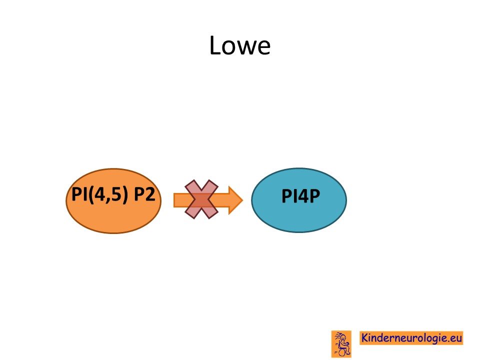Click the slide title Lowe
tap(239, 45)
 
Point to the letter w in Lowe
tap(245, 48)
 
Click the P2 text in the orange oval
tap(144, 194)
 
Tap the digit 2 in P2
tap(150, 194)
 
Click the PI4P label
tap(300, 196)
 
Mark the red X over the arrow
tap(201, 199)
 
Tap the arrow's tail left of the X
tap(180, 200)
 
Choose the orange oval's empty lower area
tap(113, 219)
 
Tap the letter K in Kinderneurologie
tap(364, 337)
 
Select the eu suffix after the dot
tap(456, 338)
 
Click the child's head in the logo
tap(343, 338)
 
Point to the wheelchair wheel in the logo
tap(343, 352)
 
